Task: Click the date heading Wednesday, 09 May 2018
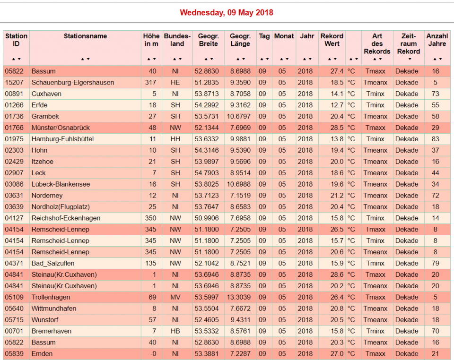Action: (227, 12)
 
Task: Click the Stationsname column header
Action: (85, 36)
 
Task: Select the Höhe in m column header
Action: (151, 40)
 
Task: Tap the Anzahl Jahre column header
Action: (437, 40)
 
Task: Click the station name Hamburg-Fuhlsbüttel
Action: (62, 139)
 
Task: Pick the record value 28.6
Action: (337, 274)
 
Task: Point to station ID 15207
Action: (14, 82)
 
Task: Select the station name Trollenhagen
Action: (51, 297)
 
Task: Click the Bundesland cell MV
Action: (175, 297)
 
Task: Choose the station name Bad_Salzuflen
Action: (53, 263)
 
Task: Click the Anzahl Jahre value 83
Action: (436, 139)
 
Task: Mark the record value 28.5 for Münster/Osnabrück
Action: (337, 128)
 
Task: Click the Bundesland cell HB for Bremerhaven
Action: (175, 331)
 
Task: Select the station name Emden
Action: (42, 354)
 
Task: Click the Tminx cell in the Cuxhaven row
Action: (375, 94)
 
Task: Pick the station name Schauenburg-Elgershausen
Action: (73, 82)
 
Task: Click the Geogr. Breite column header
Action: (208, 40)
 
